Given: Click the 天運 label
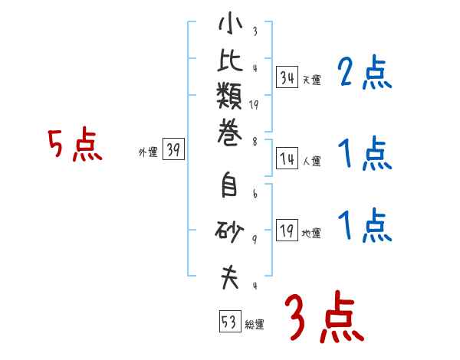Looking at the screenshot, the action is point(311,80).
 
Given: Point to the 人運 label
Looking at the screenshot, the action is point(311,162).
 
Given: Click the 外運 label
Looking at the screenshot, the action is point(148,152).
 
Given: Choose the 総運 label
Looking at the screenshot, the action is point(255,324).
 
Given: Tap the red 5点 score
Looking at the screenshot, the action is point(75,145).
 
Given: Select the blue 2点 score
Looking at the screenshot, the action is point(365,74).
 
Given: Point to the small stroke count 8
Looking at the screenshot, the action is point(254,140).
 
